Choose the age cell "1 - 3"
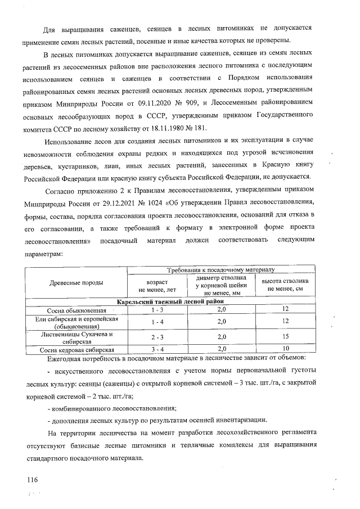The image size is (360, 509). (x=157, y=310)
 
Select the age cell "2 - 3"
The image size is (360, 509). (x=157, y=337)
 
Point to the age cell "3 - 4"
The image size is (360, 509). (x=157, y=349)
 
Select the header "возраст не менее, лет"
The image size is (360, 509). (x=157, y=285)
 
